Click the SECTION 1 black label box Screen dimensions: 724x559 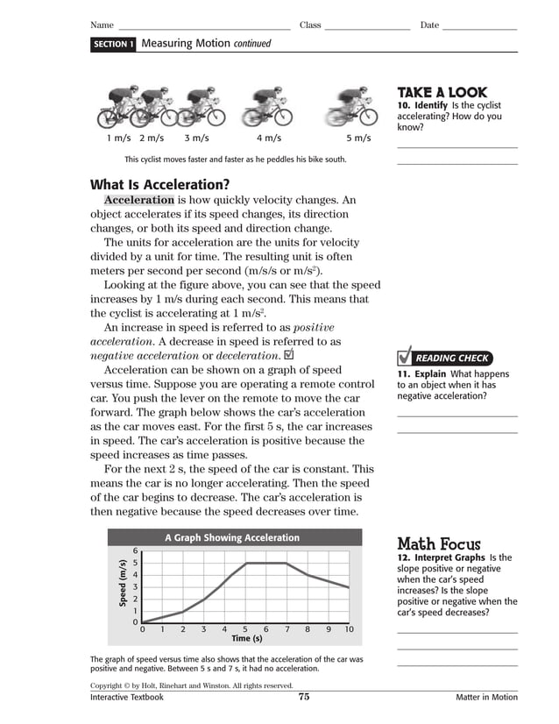113,44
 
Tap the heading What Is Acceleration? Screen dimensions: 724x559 159,184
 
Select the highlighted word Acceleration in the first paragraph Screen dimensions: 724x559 139,200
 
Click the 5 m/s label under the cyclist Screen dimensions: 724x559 358,138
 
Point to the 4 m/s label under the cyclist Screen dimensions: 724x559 269,138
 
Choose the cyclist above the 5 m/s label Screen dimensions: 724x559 350,106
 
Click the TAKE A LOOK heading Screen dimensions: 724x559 442,92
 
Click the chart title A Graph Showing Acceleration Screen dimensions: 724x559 232,537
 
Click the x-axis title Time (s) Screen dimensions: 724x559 246,638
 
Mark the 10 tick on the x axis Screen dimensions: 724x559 349,629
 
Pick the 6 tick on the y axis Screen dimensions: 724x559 135,550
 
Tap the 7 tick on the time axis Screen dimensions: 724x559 287,629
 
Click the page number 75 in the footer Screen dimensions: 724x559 304,697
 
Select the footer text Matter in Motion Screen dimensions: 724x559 486,698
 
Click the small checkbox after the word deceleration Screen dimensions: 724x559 290,355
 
